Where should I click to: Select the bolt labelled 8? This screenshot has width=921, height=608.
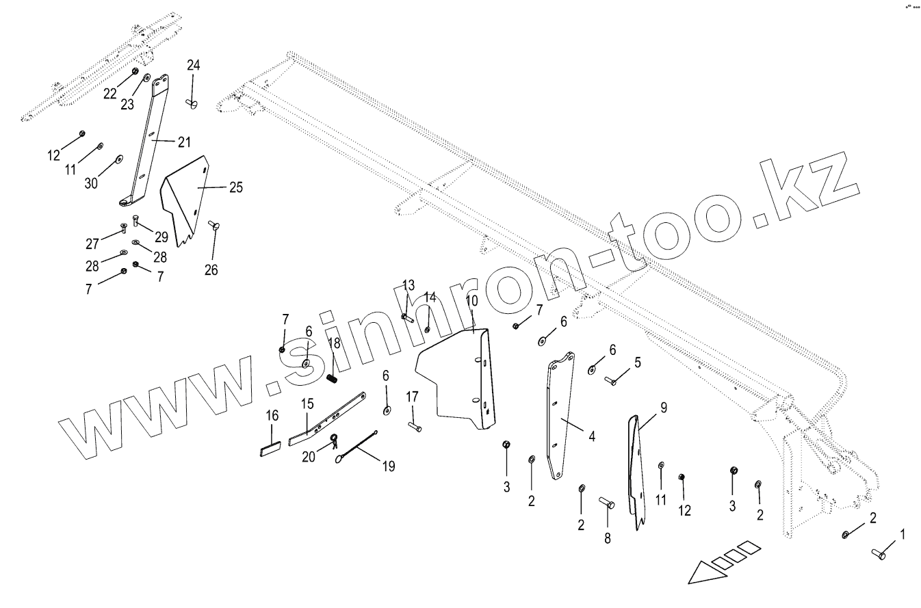coord(607,505)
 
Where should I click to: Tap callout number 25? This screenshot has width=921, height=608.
coord(235,187)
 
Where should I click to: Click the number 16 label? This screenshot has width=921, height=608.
coord(272,415)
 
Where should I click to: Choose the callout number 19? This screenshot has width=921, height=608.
coord(389,467)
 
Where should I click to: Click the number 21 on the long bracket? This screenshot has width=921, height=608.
coord(183,142)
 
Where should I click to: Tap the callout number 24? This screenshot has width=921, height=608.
coord(194,65)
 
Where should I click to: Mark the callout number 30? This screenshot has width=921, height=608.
coord(91,183)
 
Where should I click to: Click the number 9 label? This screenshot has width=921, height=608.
coord(663,408)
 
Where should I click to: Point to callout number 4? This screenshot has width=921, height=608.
coord(591,436)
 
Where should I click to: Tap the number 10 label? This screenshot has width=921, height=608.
coord(472,301)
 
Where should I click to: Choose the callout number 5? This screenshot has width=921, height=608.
coord(637,362)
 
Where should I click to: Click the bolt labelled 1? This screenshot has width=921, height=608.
coord(879,554)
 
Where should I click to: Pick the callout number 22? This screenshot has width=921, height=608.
coord(110,94)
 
